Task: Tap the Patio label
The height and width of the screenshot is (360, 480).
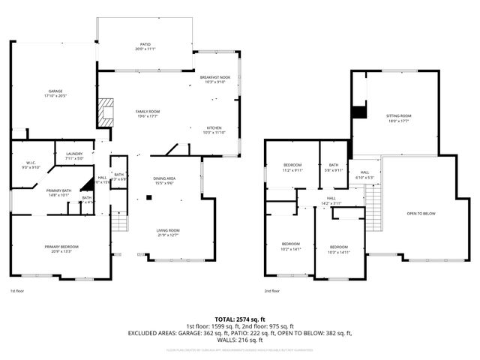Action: (x=145, y=46)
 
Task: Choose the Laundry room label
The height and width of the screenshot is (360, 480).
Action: (x=73, y=155)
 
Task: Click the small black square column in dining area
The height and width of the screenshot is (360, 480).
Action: (x=148, y=198)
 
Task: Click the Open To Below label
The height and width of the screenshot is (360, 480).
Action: (x=421, y=214)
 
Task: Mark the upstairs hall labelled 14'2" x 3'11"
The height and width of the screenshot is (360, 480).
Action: (x=331, y=200)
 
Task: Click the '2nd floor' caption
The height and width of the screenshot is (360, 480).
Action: (x=271, y=291)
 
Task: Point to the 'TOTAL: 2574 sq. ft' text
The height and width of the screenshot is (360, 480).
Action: (x=240, y=319)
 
